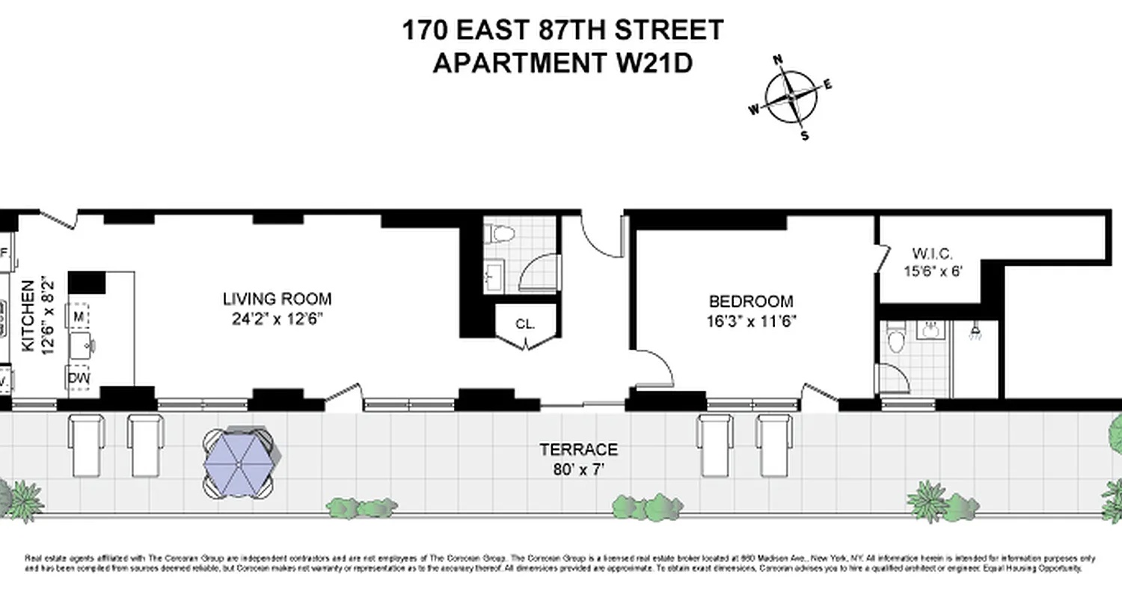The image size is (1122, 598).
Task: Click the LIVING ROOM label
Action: click(x=277, y=300)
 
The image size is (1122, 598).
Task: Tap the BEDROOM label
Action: click(x=751, y=302)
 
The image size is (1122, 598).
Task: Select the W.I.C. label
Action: click(x=932, y=253)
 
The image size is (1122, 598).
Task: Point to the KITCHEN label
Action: click(x=28, y=315)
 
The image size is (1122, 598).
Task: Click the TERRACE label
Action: click(x=579, y=450)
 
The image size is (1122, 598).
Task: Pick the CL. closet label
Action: click(x=525, y=325)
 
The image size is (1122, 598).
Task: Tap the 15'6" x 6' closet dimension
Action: click(x=932, y=271)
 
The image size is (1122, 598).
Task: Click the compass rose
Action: click(x=791, y=98)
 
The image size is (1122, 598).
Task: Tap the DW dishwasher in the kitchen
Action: click(x=78, y=378)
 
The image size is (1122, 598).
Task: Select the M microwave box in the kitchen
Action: click(x=79, y=317)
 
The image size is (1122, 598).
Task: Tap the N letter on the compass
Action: click(x=778, y=61)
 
